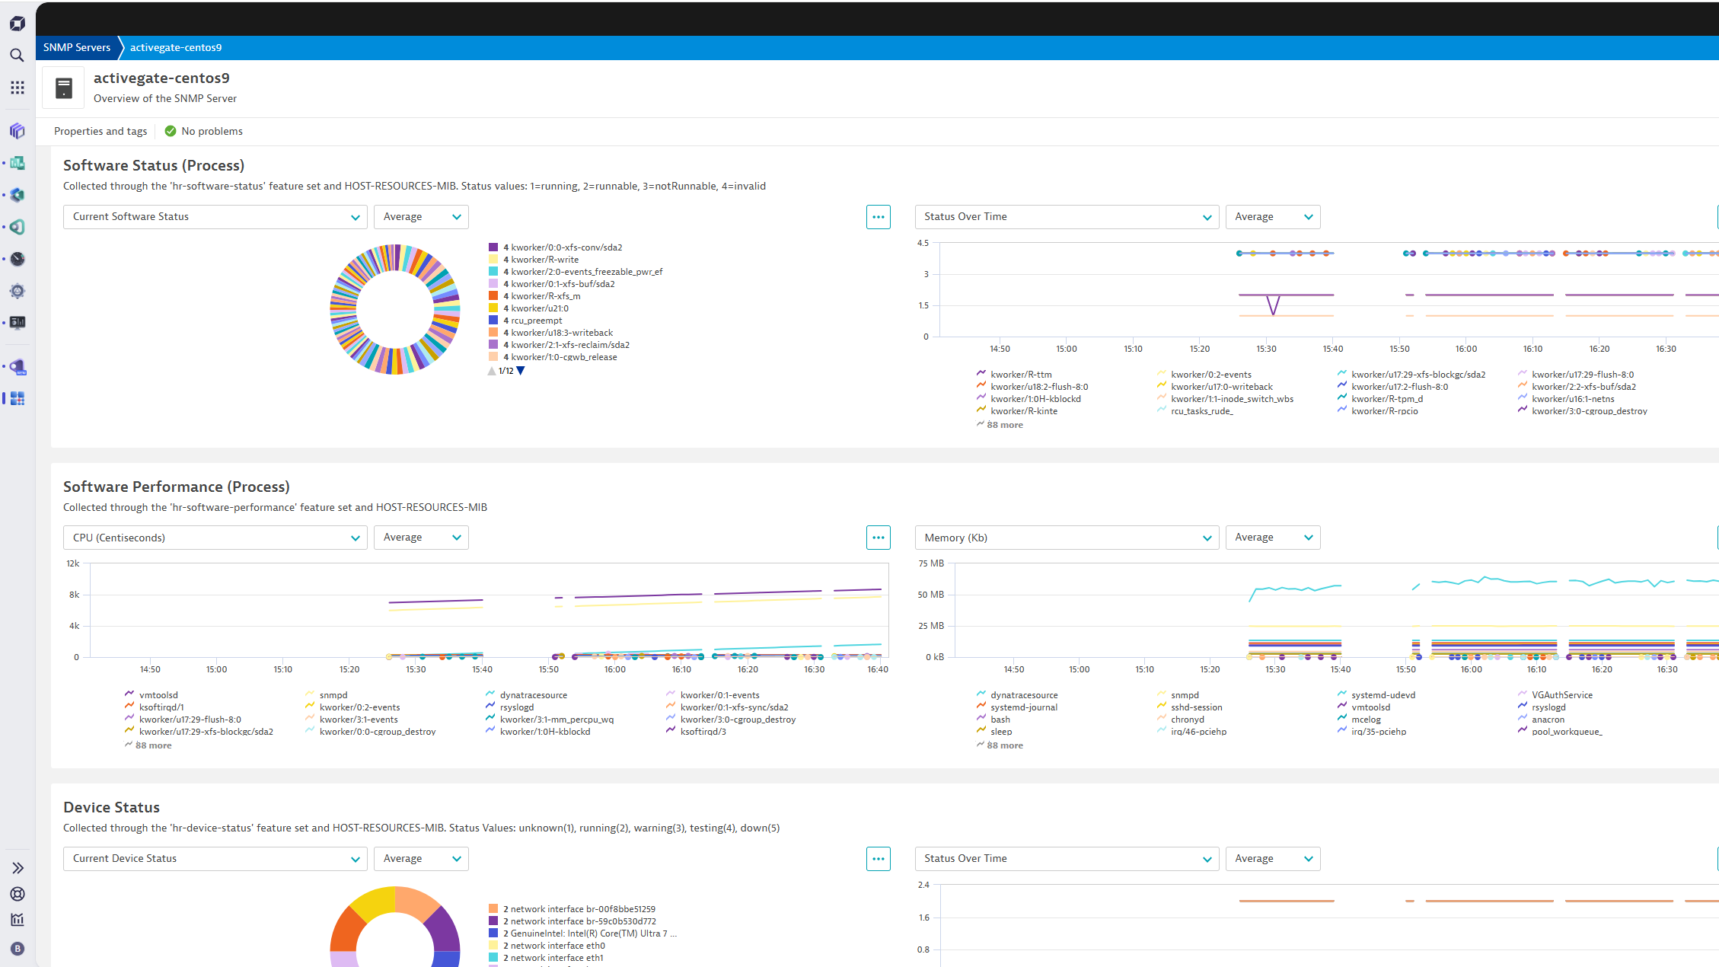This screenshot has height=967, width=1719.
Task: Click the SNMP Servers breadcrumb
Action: [77, 47]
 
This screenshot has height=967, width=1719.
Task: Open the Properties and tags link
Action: [100, 131]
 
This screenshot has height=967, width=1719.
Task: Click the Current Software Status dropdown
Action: [215, 217]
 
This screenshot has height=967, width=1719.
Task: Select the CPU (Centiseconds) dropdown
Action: [215, 538]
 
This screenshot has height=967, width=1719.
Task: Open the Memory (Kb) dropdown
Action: [1066, 538]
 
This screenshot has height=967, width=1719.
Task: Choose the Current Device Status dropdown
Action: [215, 859]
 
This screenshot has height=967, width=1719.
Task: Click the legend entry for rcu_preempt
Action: [536, 321]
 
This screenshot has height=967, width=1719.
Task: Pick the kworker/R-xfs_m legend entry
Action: [545, 296]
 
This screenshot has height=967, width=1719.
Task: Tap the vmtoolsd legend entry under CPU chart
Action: [158, 695]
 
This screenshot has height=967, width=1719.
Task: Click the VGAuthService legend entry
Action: [1561, 695]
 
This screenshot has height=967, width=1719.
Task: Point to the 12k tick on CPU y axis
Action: [73, 563]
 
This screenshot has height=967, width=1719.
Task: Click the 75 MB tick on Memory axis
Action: [930, 563]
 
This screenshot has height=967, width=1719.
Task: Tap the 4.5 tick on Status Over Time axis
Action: [923, 243]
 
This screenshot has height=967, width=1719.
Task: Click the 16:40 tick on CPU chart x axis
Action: [877, 669]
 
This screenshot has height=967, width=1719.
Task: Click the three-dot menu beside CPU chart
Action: [878, 538]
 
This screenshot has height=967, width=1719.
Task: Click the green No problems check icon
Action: [171, 131]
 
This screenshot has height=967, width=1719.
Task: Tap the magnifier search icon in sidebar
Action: [17, 55]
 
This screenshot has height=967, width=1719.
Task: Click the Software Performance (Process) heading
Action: [176, 487]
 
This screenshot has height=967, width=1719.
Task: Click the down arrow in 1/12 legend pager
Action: [521, 371]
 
